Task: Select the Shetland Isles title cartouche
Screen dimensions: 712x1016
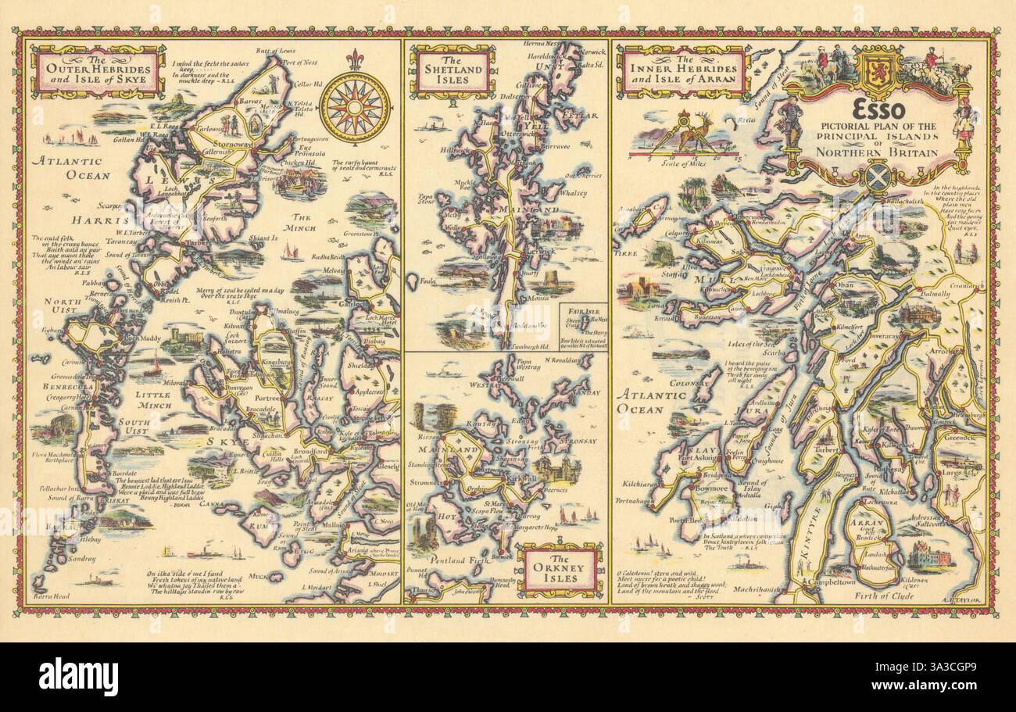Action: coord(453,71)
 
